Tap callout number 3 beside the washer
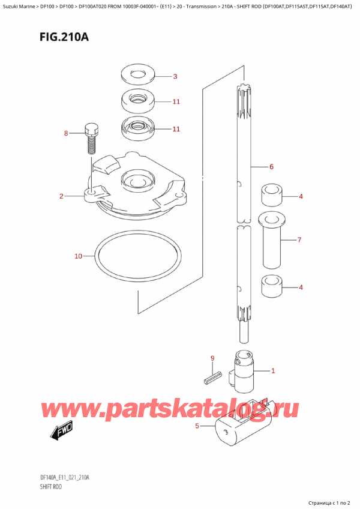tap(175, 76)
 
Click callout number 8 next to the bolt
tap(67, 133)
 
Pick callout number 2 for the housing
tap(62, 196)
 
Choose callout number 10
tap(78, 256)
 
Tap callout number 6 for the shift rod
tap(271, 166)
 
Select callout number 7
tap(299, 240)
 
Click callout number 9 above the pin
tap(212, 359)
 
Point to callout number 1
tap(273, 370)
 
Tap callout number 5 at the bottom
tap(197, 426)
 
